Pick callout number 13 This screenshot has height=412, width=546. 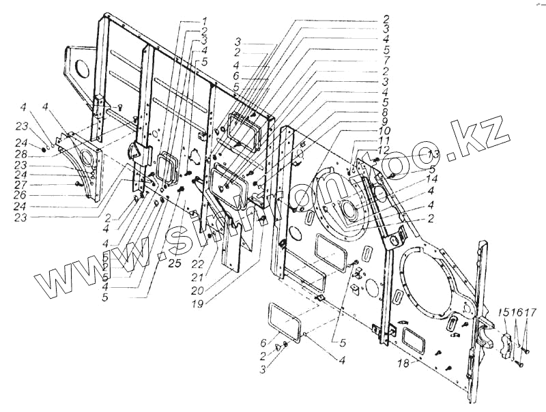click(x=434, y=153)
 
